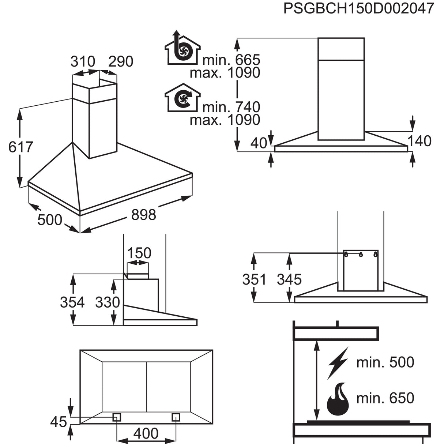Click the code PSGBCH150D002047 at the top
coord(358,8)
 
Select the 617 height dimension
coord(20,147)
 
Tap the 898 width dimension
coord(143,215)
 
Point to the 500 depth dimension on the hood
coord(50,220)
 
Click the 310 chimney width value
coord(83,62)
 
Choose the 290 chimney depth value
coord(121,62)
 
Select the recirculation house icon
coord(182,98)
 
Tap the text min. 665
coord(231,60)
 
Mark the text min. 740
coord(231,107)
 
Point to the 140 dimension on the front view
coord(419,141)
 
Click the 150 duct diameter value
coord(139,253)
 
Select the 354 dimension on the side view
coord(72,302)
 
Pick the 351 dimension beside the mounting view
coord(254,279)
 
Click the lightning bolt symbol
coord(338,362)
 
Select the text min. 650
coord(385,398)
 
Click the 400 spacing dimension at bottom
coord(146,434)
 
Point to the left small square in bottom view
coord(117,417)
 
